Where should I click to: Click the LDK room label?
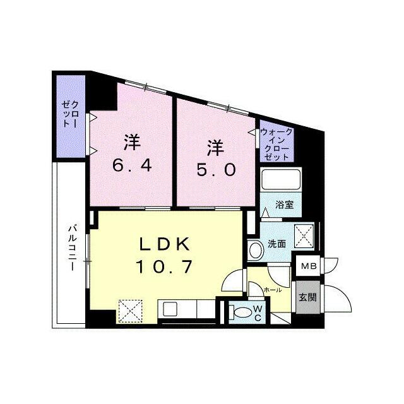164,244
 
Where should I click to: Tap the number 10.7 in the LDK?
164,266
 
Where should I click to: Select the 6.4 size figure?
132,166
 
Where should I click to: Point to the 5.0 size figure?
217,170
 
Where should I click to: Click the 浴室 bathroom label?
285,205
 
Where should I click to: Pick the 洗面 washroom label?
277,244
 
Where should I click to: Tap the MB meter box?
309,266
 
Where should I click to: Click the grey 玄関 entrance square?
307,297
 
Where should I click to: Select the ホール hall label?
273,290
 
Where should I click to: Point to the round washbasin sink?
256,250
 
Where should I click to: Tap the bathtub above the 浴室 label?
281,179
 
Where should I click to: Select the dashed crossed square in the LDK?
130,311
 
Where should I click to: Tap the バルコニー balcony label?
73,247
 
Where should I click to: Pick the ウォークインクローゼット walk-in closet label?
276,145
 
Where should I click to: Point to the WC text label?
258,313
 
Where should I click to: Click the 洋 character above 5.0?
216,149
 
